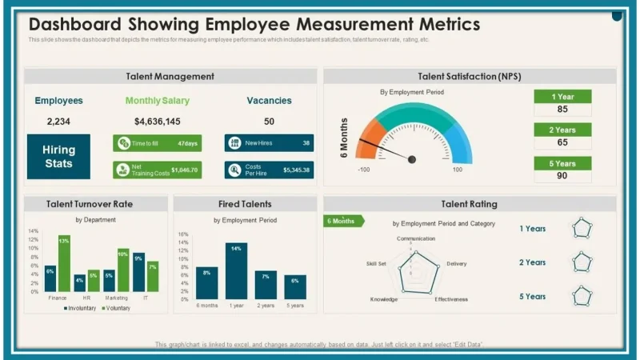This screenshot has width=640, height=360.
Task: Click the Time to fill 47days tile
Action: pos(157,143)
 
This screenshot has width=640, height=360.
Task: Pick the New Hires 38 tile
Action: pos(268,143)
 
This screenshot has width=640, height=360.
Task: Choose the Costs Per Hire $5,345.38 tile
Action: pos(268,170)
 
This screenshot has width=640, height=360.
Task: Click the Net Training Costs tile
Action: pos(157,170)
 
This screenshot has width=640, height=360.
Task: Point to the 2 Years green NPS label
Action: pos(563,130)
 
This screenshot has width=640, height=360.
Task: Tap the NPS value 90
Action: pos(563,176)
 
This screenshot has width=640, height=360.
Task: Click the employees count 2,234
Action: pos(58,122)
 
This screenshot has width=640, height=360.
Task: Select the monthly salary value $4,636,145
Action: pos(158,122)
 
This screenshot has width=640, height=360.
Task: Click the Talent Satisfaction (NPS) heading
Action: pos(470,77)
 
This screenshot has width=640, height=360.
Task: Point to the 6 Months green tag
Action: pos(343,221)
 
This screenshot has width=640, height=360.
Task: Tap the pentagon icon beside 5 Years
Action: pos(582,297)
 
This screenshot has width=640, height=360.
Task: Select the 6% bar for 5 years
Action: pos(294,286)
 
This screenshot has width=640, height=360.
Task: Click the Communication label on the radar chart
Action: pos(416,238)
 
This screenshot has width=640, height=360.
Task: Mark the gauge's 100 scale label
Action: pos(457,170)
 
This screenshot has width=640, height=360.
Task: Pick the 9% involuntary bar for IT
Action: pos(138,271)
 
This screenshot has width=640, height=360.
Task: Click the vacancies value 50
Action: pos(269,122)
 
